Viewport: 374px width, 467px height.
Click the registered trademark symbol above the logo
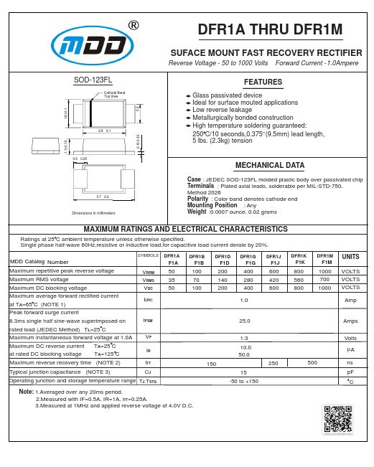(x=133, y=26)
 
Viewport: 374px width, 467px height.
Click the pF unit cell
(x=351, y=373)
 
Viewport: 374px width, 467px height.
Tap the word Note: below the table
(x=27, y=392)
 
